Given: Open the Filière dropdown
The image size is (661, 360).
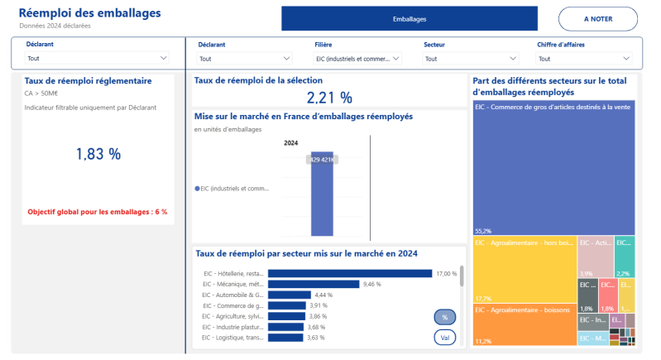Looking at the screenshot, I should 357,59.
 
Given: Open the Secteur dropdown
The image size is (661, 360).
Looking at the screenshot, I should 470,59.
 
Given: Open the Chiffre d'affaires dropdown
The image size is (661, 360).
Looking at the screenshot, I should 583,59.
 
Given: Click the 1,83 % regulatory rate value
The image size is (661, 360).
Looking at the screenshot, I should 98,154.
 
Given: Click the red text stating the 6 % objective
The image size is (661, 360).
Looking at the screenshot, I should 98,212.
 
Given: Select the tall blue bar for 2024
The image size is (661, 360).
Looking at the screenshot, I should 322,194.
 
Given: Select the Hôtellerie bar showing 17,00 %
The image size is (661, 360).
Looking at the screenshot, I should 350,273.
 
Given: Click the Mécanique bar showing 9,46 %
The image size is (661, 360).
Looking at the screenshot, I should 314,284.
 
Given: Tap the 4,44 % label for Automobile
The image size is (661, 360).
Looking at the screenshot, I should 323,295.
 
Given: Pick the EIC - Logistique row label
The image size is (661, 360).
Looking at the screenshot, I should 233,338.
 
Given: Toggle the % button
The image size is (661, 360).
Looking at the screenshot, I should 445,317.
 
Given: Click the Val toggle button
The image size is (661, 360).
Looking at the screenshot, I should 445,338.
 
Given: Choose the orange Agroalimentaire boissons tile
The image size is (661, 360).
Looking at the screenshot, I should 524,324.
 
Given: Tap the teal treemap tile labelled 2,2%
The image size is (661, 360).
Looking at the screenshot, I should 625,257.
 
